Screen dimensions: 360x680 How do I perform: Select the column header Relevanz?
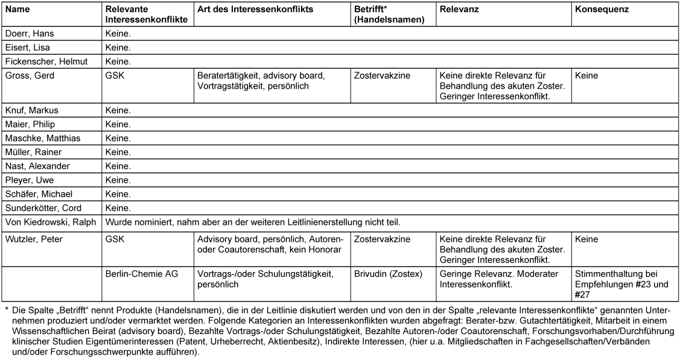tap(459, 10)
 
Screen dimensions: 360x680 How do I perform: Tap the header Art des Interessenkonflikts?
tap(255, 10)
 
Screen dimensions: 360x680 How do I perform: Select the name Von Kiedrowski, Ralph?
tap(50, 221)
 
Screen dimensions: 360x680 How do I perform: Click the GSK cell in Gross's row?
tap(115, 76)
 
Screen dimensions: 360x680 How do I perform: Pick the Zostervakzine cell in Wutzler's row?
tap(383, 239)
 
